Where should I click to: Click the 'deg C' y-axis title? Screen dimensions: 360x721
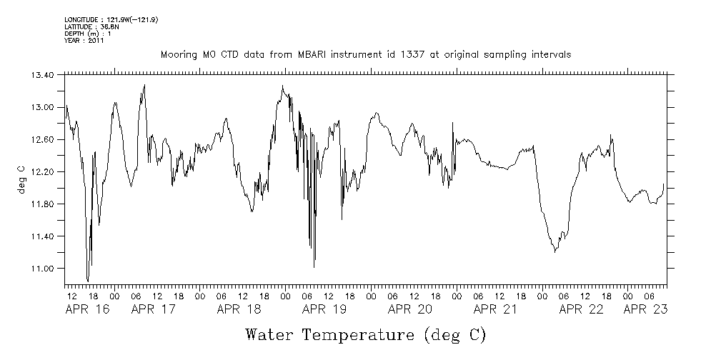(21, 179)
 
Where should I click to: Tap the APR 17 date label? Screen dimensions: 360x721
(154, 309)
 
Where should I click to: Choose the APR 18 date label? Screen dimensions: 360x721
(239, 309)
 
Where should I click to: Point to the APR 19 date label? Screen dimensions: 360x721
(324, 309)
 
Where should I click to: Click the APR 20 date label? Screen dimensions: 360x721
(410, 309)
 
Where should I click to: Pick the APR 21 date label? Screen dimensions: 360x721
(496, 309)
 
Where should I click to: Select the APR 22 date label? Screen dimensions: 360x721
(581, 309)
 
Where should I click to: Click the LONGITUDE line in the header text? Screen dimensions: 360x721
(111, 19)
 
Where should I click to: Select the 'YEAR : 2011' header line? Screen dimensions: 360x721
(84, 41)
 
